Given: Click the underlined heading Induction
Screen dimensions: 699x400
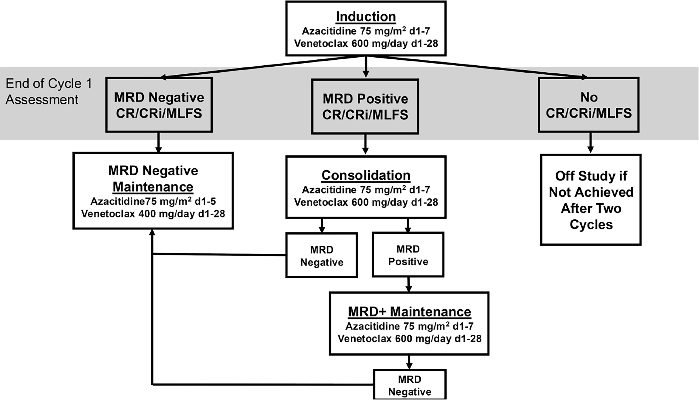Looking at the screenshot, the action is [366, 17].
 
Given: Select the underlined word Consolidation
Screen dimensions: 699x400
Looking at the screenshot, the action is [366, 175].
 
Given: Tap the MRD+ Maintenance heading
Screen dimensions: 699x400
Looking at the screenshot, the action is [410, 312].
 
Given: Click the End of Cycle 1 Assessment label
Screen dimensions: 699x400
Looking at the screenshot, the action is [49, 92].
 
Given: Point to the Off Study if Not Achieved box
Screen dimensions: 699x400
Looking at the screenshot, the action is [591, 200].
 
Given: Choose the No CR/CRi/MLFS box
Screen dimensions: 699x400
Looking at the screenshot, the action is [589, 105].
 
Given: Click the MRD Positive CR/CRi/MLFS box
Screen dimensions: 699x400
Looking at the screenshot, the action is [365, 106].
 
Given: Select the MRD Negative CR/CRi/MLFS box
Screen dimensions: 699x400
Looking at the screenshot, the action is [159, 105].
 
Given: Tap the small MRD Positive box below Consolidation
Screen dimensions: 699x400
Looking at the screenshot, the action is [408, 255].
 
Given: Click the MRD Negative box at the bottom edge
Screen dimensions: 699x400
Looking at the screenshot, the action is [410, 384].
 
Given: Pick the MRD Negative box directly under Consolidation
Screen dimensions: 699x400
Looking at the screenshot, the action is [322, 255].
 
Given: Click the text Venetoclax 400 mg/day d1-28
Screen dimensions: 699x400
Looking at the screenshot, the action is [153, 214].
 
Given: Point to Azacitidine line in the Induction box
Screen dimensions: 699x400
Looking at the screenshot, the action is [366, 31].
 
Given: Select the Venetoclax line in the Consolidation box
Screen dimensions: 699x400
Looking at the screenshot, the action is [366, 202].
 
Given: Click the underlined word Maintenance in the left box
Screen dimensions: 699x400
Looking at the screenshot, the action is [153, 187].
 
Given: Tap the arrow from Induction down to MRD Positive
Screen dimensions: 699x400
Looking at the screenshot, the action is [366, 67].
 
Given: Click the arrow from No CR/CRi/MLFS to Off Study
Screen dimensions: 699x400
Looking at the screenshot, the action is [590, 143].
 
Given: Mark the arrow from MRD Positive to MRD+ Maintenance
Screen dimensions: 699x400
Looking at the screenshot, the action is [409, 285].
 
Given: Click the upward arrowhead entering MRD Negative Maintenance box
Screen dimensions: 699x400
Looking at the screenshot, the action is [152, 232].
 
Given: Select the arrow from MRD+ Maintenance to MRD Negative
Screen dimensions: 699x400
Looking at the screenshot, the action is [409, 362].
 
